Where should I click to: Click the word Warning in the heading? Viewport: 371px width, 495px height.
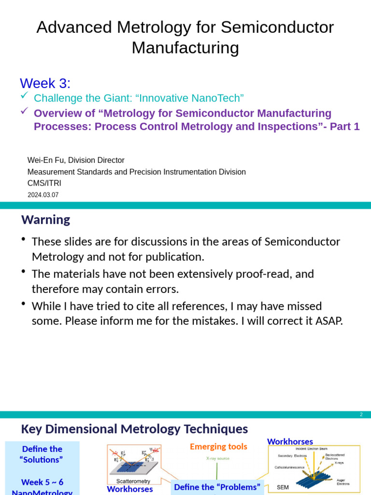coord(45,220)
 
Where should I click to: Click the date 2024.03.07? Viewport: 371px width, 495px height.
coord(43,195)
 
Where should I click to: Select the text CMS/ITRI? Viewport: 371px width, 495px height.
coord(44,183)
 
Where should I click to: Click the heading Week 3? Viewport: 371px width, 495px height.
coord(45,83)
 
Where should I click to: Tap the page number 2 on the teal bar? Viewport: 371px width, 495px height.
coord(361,415)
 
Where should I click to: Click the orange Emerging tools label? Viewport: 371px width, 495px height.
coord(218,447)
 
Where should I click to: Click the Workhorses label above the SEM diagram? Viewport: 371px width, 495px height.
coord(290,441)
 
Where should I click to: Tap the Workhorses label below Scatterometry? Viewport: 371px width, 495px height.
coord(129,489)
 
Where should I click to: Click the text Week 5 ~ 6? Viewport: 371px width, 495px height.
coord(43,482)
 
